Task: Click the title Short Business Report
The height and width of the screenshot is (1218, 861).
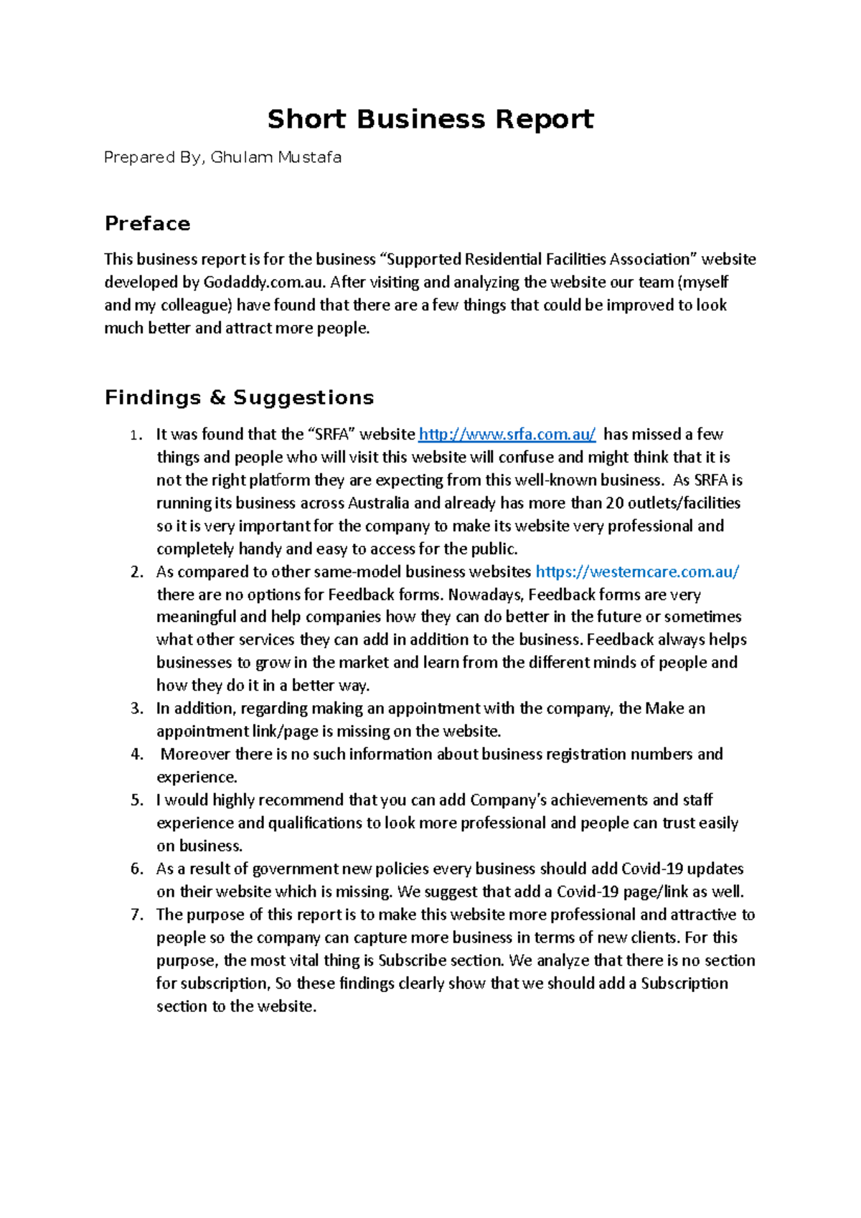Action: (430, 119)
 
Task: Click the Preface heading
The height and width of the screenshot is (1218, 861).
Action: (147, 224)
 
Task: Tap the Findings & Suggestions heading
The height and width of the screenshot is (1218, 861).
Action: (239, 397)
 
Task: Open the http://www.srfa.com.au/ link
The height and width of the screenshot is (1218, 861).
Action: (507, 435)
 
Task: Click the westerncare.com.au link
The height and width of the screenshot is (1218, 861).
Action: (637, 572)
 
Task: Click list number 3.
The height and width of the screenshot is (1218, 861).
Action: (137, 709)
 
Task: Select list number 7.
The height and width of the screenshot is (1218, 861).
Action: (137, 915)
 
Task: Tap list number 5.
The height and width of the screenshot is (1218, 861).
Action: (137, 801)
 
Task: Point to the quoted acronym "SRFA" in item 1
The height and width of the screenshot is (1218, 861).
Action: (331, 435)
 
